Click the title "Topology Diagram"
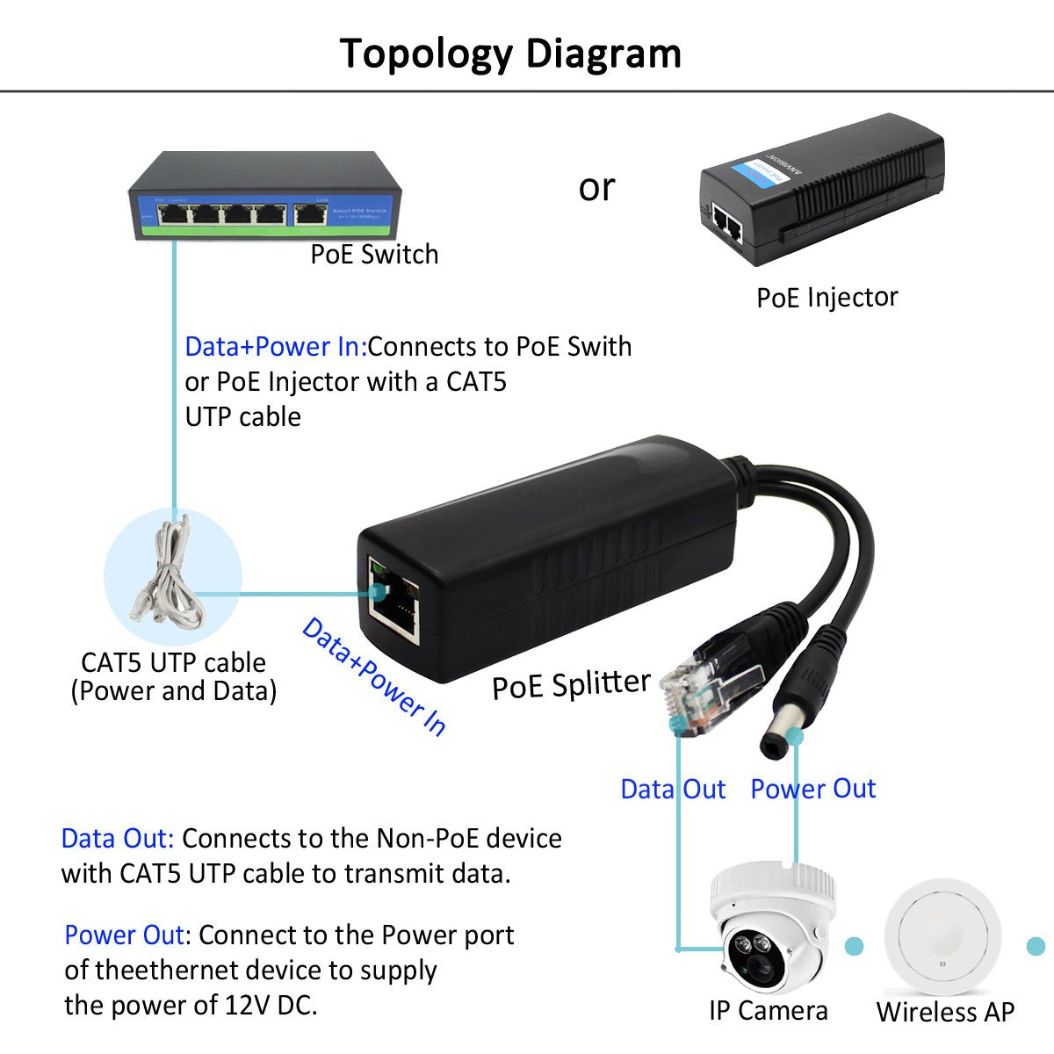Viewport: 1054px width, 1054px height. [x=510, y=53]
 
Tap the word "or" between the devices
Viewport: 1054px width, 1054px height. [x=596, y=187]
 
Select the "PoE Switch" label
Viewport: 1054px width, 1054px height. [x=374, y=255]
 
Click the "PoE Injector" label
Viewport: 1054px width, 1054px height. [x=827, y=298]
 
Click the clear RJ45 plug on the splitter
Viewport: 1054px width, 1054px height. [x=689, y=687]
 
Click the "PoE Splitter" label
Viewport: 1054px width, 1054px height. [x=571, y=684]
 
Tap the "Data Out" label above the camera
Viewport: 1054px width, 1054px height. [x=673, y=789]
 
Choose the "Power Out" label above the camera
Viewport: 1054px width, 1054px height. [x=812, y=789]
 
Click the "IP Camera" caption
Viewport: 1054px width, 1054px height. [x=768, y=1011]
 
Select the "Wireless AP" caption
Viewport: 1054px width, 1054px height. [x=944, y=1012]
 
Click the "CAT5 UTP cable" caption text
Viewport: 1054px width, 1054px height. [x=173, y=662]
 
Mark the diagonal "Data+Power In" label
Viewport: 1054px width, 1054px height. [x=373, y=675]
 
